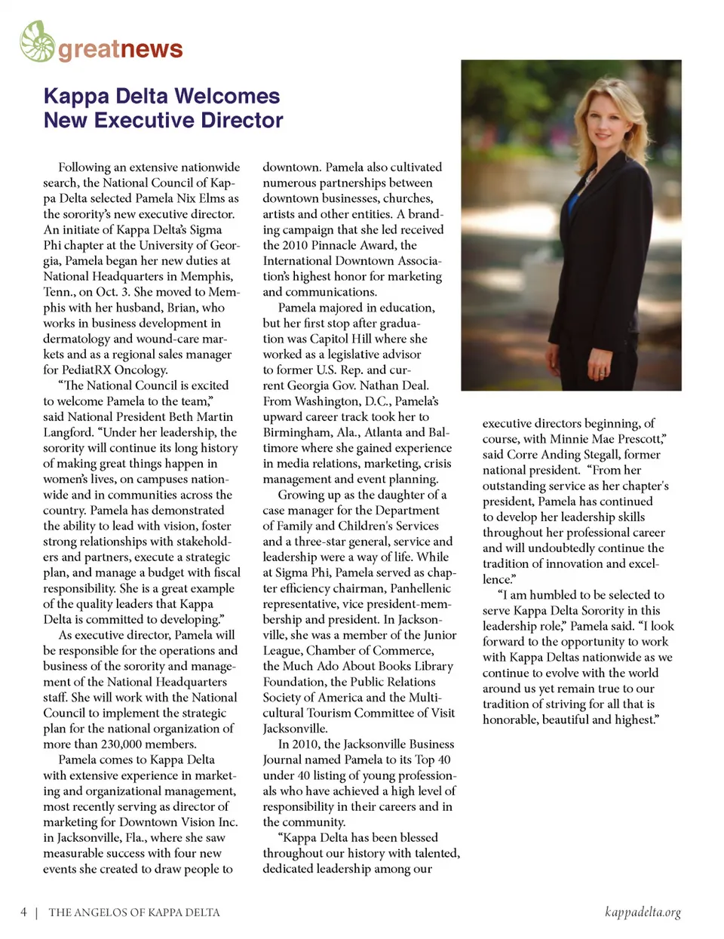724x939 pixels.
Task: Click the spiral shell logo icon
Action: (37, 41)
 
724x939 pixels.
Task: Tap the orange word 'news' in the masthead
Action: (152, 49)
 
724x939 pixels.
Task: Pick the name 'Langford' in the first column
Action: (64, 432)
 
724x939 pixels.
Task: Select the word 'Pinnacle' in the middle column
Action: (339, 245)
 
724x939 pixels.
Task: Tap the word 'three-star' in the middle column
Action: (356, 542)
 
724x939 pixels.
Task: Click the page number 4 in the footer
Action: (23, 912)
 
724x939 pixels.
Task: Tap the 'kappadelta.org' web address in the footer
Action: (643, 912)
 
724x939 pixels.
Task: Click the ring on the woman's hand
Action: (601, 373)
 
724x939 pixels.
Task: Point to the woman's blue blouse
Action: (575, 204)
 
